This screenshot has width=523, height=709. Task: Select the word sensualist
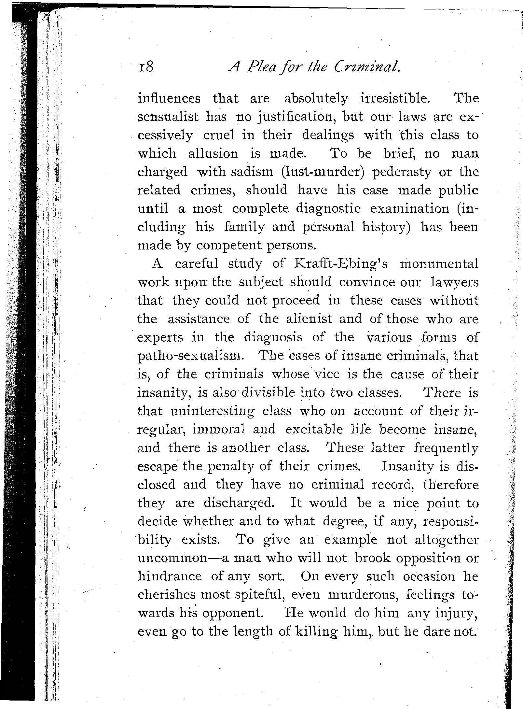point(168,117)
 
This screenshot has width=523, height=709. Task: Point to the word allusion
point(213,153)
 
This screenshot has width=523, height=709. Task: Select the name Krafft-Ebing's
point(340,264)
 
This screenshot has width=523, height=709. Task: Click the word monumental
point(439,264)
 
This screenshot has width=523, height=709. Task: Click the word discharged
point(239,503)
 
